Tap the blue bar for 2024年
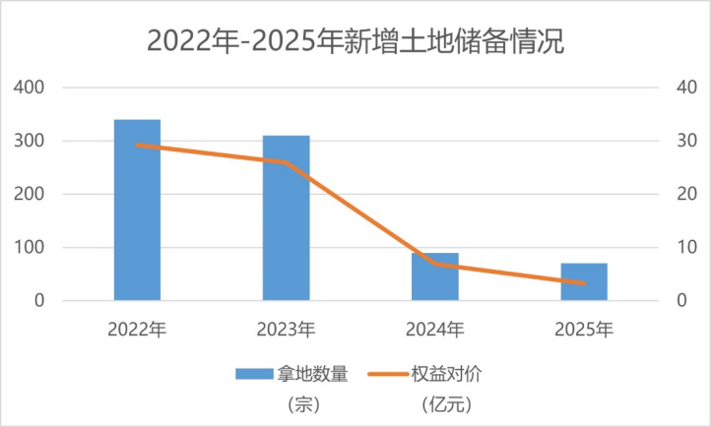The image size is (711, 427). coord(434,276)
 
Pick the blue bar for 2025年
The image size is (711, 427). coord(583,281)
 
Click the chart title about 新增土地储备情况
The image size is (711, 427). coord(355,41)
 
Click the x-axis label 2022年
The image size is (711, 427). coord(137,328)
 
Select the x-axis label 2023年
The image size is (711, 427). coord(286,328)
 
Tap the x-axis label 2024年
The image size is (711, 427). coord(434,328)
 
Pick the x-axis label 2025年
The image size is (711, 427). coord(583,328)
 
